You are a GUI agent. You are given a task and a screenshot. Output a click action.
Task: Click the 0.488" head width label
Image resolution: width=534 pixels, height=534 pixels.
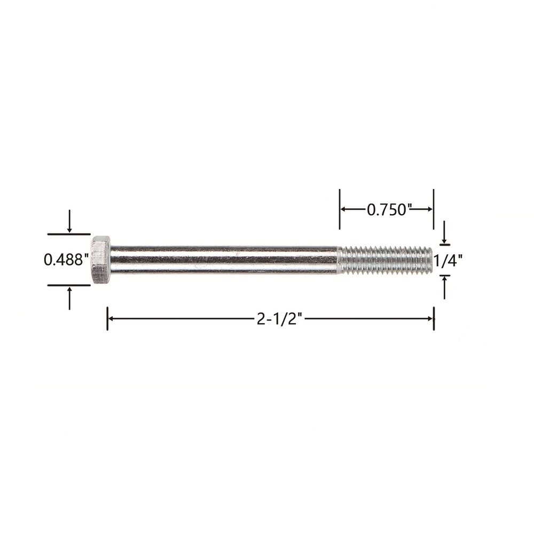(64, 260)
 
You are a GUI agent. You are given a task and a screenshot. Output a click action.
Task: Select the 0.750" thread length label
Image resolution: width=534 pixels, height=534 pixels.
(387, 209)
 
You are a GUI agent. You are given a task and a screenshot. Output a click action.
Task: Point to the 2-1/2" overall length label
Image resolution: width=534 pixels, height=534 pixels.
(279, 319)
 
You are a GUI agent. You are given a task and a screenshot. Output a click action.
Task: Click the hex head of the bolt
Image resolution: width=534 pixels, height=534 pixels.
(100, 260)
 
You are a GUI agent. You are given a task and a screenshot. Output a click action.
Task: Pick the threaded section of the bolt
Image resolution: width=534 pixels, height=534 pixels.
(385, 260)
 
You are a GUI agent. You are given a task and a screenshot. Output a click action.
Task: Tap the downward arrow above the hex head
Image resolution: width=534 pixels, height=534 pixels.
(69, 221)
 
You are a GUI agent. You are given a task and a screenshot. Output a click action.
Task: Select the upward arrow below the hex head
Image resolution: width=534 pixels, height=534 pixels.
(69, 299)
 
